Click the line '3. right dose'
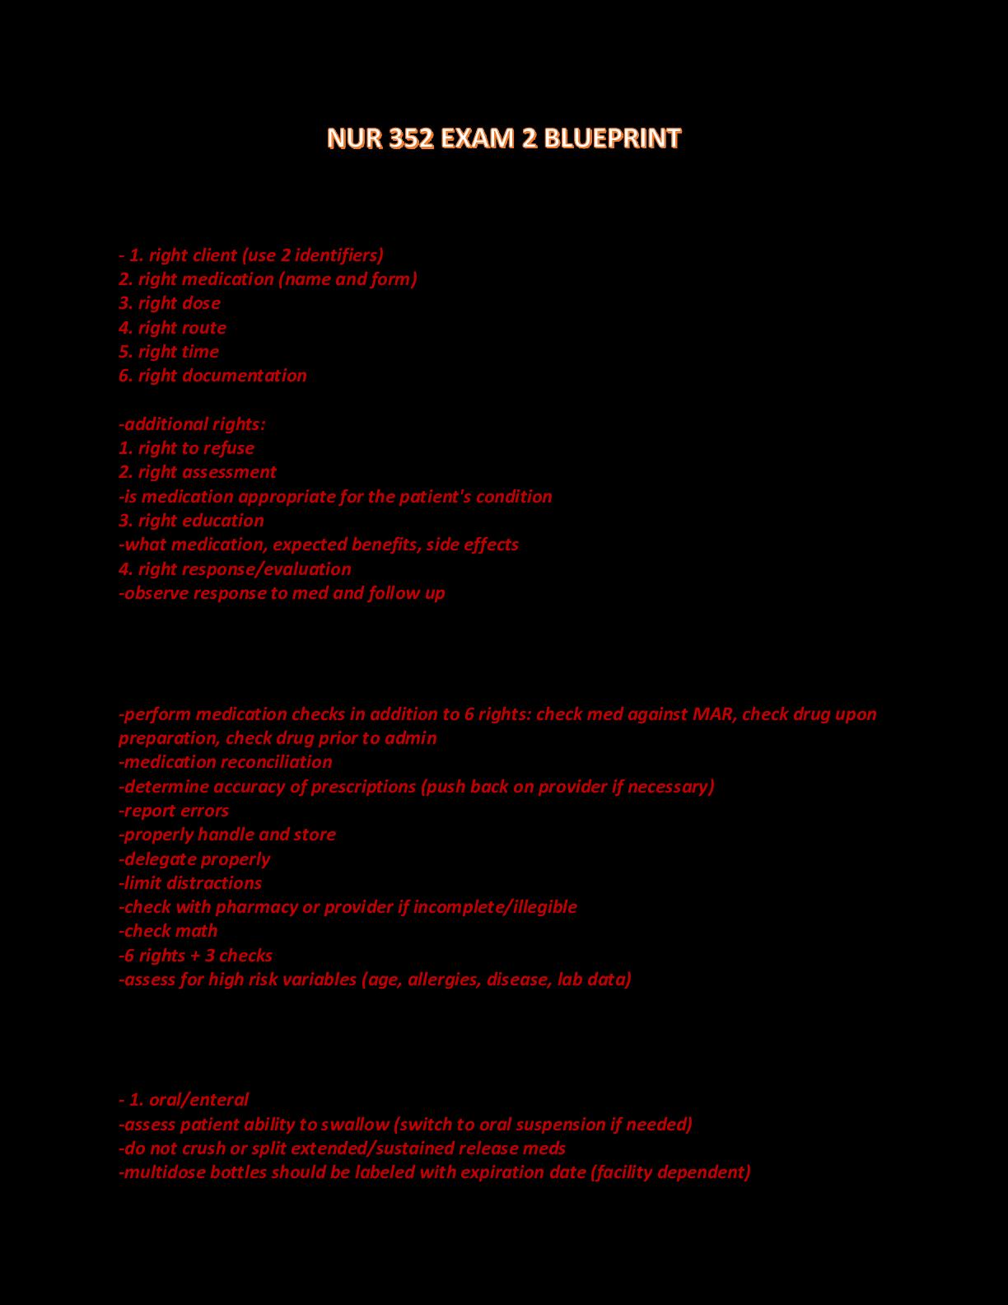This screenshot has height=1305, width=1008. point(170,302)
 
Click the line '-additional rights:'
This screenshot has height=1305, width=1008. point(192,423)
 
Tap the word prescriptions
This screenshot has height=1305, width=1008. point(364,786)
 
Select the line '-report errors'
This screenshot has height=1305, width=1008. point(174,810)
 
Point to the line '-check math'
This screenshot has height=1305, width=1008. point(169,930)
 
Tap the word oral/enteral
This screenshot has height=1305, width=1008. point(198,1099)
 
